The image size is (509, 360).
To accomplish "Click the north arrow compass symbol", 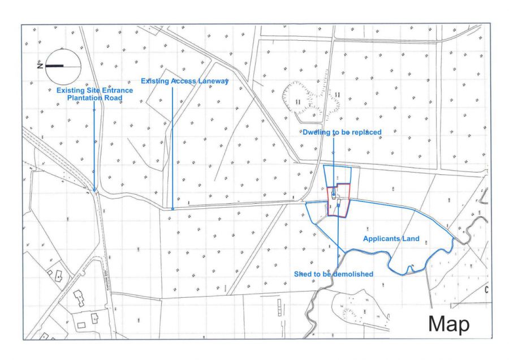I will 63,66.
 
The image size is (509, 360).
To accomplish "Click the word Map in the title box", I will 448,323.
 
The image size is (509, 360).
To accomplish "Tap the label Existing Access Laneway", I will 184,81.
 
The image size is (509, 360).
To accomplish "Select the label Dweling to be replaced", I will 342,132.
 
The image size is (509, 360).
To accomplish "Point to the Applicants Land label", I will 391,239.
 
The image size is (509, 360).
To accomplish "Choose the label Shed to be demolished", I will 333,274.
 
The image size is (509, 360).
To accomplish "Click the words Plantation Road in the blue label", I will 94,98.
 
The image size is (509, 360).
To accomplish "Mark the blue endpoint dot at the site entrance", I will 94,190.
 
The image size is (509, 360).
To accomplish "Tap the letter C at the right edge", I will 486,290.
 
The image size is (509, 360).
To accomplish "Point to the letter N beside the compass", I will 40,66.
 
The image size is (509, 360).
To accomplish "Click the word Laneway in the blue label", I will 213,81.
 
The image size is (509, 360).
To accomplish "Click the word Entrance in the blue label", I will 117,90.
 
